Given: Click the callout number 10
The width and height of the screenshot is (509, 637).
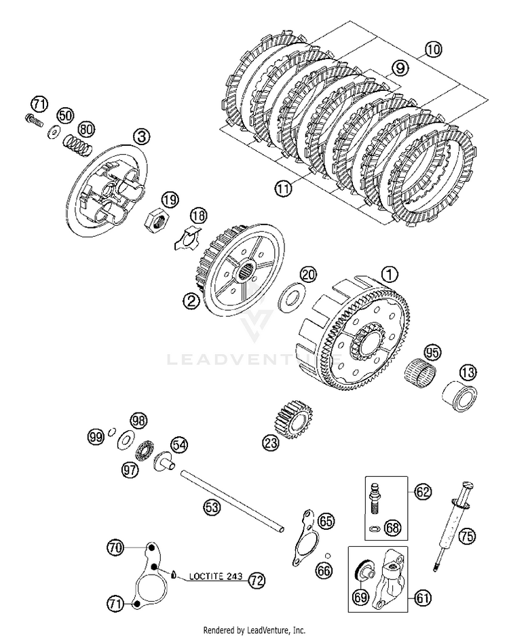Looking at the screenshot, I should (432, 48).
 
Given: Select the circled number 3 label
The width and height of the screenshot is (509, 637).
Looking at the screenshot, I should (140, 136).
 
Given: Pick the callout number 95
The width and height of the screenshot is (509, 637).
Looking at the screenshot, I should (432, 352).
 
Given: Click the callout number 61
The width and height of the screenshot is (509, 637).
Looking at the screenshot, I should (422, 597).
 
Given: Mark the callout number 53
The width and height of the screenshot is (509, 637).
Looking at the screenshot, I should (213, 506).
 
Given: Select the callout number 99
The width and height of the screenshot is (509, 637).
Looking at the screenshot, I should (96, 437).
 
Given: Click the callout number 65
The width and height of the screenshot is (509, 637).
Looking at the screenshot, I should (326, 521).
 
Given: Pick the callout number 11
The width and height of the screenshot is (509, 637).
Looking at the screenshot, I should (283, 187).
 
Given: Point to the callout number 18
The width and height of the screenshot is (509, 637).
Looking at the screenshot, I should (196, 216).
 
